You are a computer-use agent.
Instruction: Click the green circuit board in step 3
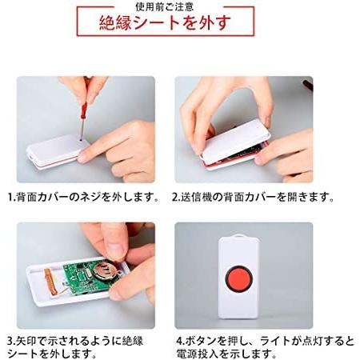(88, 276)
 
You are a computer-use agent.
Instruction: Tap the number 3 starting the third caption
(10, 339)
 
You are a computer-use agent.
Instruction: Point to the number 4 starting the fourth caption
(180, 339)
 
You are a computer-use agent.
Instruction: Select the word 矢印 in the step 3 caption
(26, 339)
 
